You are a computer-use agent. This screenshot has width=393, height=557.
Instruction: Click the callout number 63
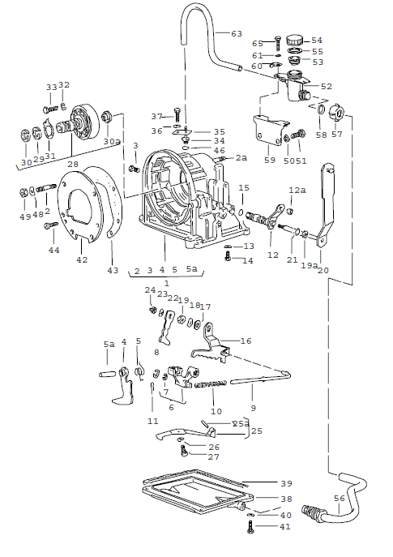[x=237, y=33]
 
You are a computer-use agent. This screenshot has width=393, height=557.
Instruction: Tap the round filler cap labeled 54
[x=293, y=39]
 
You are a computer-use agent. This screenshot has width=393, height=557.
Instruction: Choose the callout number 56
[x=339, y=499]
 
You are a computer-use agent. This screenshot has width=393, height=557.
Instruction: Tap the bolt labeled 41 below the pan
[x=250, y=527]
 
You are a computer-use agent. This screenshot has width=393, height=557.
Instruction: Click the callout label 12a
[x=297, y=190]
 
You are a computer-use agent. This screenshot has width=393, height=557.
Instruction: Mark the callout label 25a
[x=241, y=423]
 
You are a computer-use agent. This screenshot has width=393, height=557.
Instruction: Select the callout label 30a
[x=112, y=140]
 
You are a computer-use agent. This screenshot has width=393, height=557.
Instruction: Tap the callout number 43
[x=112, y=270]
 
